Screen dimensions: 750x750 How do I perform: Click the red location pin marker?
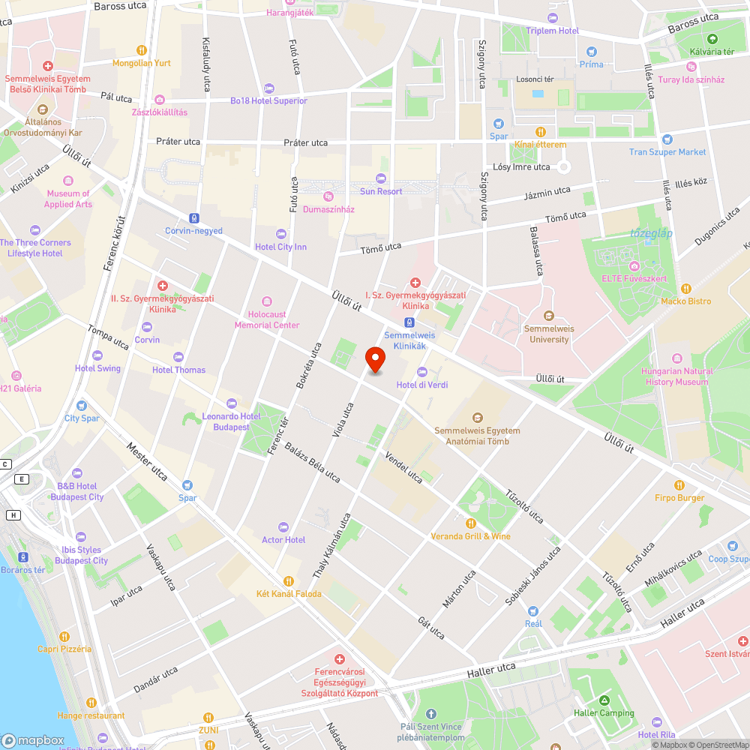coord(376,359)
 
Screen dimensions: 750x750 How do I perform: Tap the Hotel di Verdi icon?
coord(421,371)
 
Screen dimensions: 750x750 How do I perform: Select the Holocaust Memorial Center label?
coord(266,320)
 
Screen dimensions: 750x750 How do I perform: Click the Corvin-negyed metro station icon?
coord(194,217)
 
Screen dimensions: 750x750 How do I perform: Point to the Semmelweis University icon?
coord(548,316)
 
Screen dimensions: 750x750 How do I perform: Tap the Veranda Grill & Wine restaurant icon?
coord(471,523)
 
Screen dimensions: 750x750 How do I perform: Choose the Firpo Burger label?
coord(679,498)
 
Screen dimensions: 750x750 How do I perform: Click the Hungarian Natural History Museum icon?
coord(677,358)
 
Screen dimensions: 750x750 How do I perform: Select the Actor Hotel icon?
coord(283,526)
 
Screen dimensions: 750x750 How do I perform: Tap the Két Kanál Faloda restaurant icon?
coord(289,580)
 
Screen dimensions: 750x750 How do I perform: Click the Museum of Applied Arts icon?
coord(68,181)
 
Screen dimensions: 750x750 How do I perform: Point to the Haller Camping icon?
coord(604,700)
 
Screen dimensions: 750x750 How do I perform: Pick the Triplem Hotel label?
coord(553,31)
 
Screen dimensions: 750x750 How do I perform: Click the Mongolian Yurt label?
coord(142,63)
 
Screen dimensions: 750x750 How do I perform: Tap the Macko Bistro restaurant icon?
coord(685,289)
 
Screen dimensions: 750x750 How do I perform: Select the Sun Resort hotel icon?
coord(381,178)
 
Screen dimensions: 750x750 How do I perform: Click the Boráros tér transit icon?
coord(23,557)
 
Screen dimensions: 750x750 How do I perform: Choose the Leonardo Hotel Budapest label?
coord(231,421)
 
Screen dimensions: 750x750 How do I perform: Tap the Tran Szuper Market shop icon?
coord(667,139)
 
